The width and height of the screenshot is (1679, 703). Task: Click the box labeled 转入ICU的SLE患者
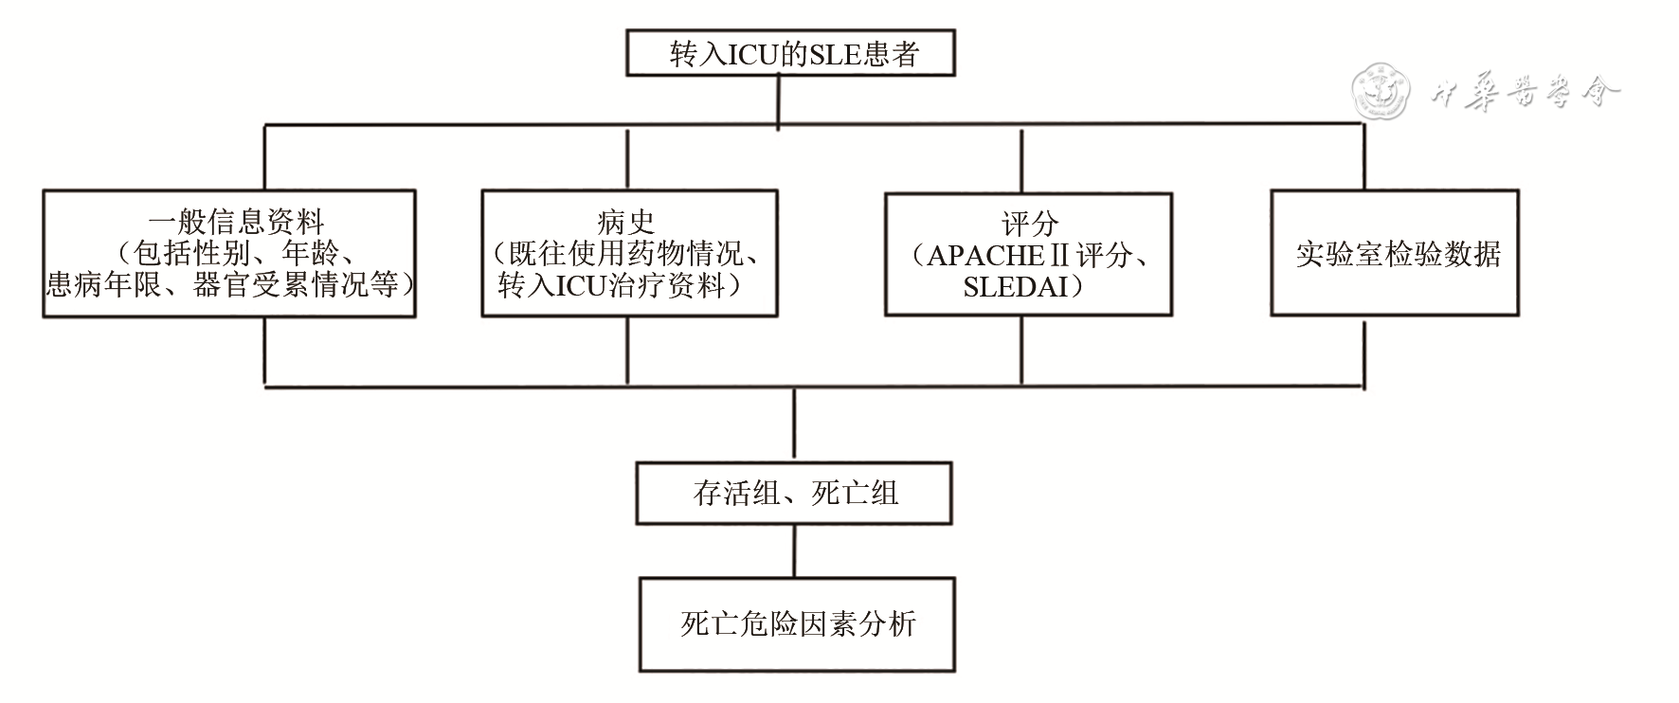tap(789, 54)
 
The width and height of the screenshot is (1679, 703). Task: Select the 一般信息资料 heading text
tap(237, 223)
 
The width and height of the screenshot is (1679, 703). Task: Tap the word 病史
tap(626, 223)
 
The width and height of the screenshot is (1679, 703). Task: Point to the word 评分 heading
tap(1029, 225)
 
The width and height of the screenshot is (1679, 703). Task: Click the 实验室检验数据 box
tap(1394, 254)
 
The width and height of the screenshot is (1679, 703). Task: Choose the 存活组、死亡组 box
tap(794, 493)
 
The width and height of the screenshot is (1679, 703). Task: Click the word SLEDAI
tap(1017, 287)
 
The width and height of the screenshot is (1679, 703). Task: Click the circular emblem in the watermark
tap(1380, 93)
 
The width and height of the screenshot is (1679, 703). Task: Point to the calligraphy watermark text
tap(1526, 93)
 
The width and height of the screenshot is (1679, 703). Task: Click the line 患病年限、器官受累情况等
tap(230, 285)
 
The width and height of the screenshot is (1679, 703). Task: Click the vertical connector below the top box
tap(778, 99)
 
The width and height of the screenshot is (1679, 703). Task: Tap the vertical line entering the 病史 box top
tap(627, 158)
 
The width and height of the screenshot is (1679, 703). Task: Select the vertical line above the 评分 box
tap(1021, 159)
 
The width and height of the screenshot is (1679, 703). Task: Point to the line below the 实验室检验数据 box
tap(1363, 351)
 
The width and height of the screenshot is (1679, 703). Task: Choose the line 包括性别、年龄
tap(237, 254)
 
